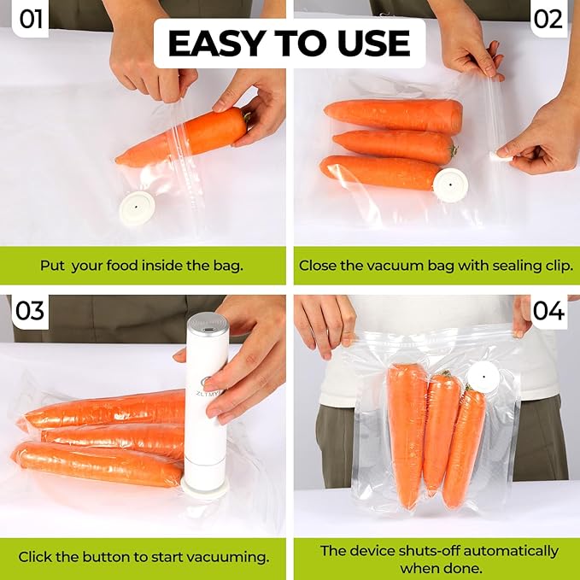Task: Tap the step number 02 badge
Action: click(x=548, y=18)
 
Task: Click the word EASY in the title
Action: click(x=214, y=43)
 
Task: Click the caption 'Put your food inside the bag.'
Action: click(x=142, y=266)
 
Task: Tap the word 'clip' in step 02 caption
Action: click(x=554, y=266)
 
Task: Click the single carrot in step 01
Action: click(x=184, y=138)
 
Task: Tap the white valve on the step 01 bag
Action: click(x=137, y=208)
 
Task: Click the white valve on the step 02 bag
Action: click(x=450, y=182)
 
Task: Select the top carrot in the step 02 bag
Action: click(x=393, y=115)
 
